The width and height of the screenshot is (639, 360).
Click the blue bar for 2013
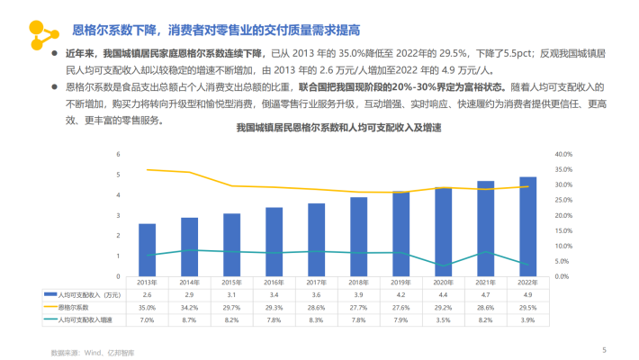pyautogui.click(x=148, y=249)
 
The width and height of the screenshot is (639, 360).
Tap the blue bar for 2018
pyautogui.click(x=359, y=236)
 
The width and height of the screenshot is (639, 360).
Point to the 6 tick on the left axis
pyautogui.click(x=119, y=154)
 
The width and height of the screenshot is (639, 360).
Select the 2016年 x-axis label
pyautogui.click(x=274, y=283)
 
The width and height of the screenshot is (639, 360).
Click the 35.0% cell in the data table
pyautogui.click(x=148, y=307)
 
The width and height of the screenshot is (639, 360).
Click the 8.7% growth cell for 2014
pyautogui.click(x=190, y=319)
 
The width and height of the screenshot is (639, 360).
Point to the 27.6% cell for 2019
pyautogui.click(x=401, y=307)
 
